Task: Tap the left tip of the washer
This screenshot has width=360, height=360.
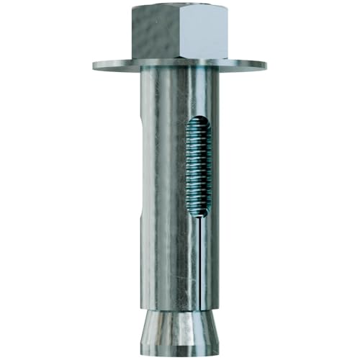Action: [94, 64]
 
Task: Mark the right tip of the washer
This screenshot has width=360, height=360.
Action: [265, 65]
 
